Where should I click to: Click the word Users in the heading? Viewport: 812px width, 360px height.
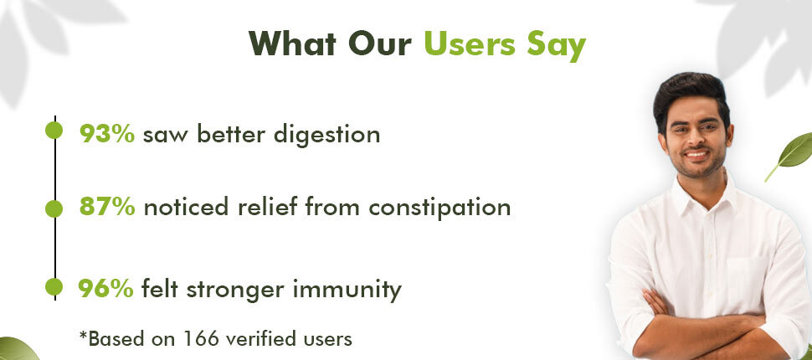pyautogui.click(x=470, y=44)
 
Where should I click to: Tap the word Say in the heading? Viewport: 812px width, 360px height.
pyautogui.click(x=556, y=45)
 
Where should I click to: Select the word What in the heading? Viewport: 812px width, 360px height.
pyautogui.click(x=293, y=44)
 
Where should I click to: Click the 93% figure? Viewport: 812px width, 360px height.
pyautogui.click(x=107, y=134)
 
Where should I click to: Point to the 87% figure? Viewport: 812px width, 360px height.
pyautogui.click(x=107, y=207)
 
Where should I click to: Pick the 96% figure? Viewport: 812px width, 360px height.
pyautogui.click(x=105, y=289)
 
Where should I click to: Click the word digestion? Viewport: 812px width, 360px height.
pyautogui.click(x=326, y=136)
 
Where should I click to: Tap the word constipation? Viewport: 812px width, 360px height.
pyautogui.click(x=439, y=208)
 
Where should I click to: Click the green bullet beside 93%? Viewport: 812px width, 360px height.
pyautogui.click(x=54, y=131)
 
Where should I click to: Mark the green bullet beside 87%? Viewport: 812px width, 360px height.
pyautogui.click(x=54, y=208)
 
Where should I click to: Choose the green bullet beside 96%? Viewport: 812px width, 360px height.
pyautogui.click(x=54, y=286)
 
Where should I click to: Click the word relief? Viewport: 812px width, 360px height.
pyautogui.click(x=268, y=207)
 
